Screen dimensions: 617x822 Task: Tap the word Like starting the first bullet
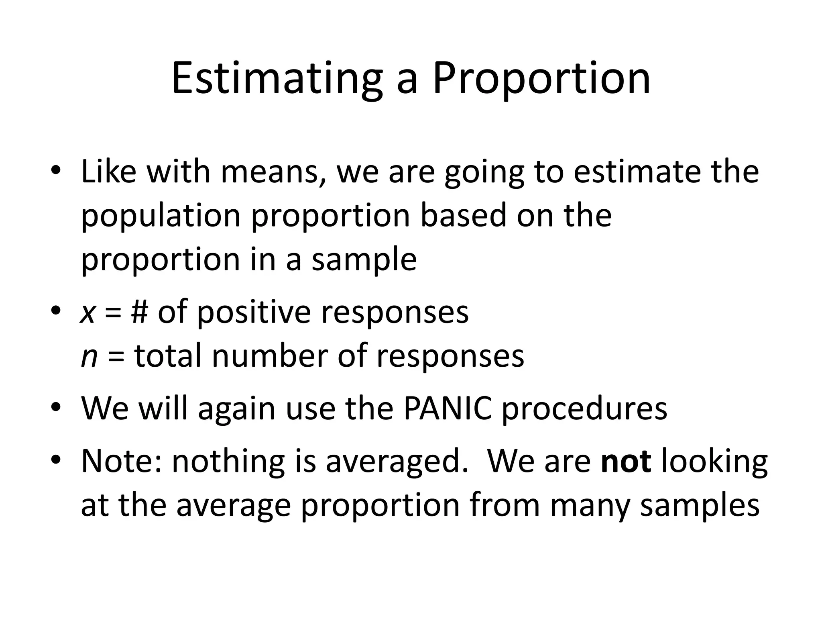(108, 172)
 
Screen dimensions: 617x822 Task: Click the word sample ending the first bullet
(364, 260)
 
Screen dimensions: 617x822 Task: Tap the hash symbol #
(139, 312)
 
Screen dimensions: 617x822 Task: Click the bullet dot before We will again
(56, 407)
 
